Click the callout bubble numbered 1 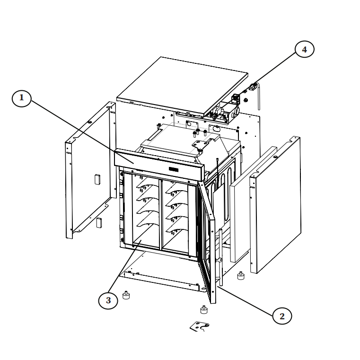pos(22,98)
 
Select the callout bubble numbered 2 pos(282,316)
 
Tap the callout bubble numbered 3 pos(108,300)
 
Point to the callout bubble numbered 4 pos(305,49)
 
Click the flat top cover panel pos(183,86)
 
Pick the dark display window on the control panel pos(174,169)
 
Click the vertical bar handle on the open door pos(220,257)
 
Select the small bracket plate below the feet pos(199,326)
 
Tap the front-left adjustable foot pos(126,295)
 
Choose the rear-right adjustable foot pos(241,275)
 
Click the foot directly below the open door pos(204,309)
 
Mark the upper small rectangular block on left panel pos(97,179)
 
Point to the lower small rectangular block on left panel pos(99,222)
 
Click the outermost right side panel pos(275,205)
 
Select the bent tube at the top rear pos(258,96)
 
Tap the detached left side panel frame pos(90,170)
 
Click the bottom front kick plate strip pos(162,281)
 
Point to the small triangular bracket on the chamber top pos(200,145)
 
